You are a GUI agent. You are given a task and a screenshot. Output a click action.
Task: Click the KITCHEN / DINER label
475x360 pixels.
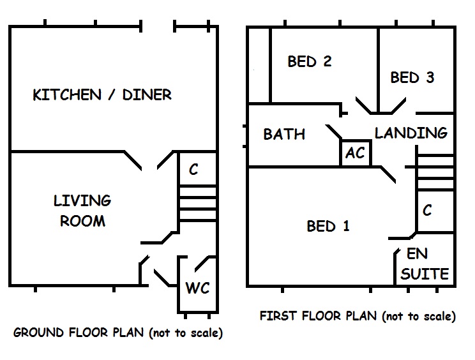[x=102, y=95]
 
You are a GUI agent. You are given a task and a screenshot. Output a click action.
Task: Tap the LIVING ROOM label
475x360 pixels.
[x=82, y=211]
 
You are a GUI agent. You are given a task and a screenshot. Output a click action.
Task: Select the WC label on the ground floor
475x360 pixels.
[x=197, y=287]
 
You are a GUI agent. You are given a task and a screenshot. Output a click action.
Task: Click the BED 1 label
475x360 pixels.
[x=328, y=226]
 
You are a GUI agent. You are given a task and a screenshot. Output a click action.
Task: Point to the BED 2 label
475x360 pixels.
[x=309, y=61]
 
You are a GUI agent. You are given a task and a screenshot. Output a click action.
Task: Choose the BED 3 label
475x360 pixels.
[x=412, y=78]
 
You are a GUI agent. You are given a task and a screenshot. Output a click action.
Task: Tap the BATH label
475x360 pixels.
[x=284, y=135]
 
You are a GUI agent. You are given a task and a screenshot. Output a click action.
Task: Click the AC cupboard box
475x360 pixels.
[x=355, y=153]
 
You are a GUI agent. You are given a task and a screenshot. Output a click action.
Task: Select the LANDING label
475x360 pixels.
[x=411, y=133]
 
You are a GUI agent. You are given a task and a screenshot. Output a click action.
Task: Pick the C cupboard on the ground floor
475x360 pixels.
[x=193, y=170]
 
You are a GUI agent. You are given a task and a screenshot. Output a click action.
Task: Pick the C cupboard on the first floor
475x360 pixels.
[x=428, y=211]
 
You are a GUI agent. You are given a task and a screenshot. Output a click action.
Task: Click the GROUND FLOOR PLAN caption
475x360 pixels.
[x=117, y=333]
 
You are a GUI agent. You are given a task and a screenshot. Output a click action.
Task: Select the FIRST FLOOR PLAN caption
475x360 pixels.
[x=358, y=316]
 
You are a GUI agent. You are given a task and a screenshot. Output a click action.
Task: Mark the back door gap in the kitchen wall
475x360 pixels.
[x=158, y=27]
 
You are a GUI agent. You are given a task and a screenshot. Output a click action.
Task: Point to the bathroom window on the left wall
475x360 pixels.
[x=246, y=135]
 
